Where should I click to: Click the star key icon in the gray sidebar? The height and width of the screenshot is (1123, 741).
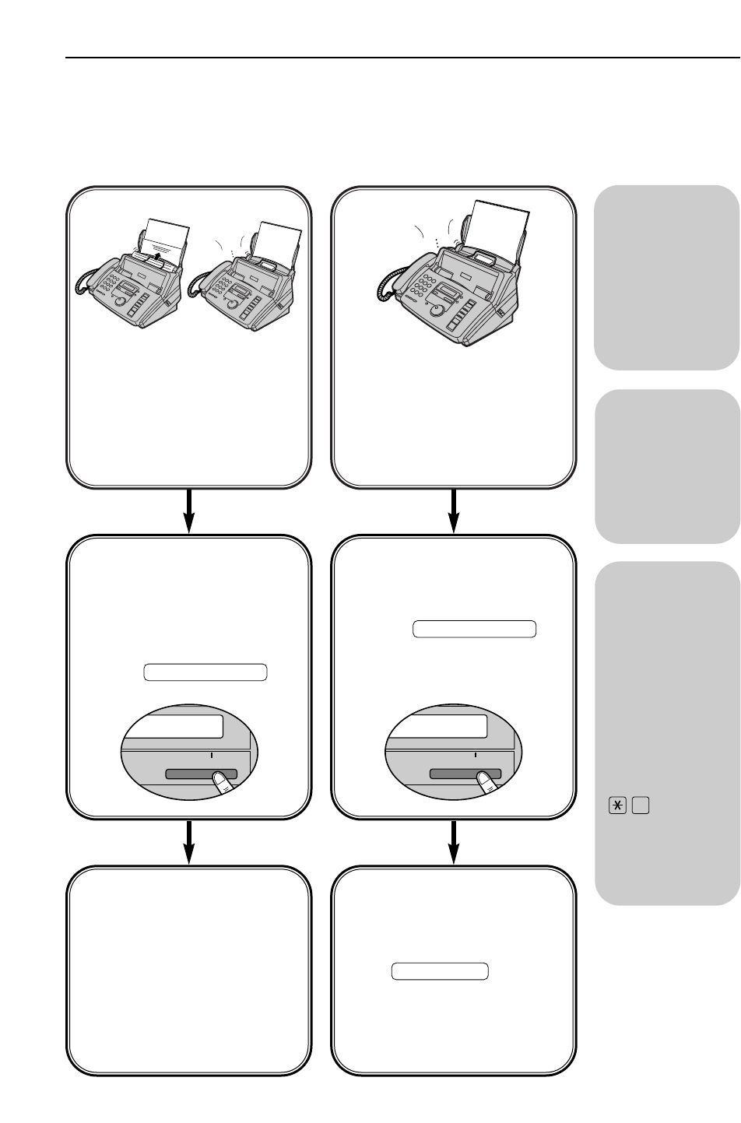[x=620, y=807]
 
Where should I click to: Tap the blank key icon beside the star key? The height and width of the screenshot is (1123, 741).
[x=641, y=807]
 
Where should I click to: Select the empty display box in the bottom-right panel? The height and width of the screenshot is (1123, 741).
[x=439, y=971]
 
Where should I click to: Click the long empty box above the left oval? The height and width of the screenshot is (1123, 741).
[x=205, y=672]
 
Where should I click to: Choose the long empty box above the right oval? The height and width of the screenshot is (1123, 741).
[x=474, y=629]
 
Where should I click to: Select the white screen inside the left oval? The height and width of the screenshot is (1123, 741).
[x=176, y=726]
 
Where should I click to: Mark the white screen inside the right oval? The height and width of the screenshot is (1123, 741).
[x=440, y=726]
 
